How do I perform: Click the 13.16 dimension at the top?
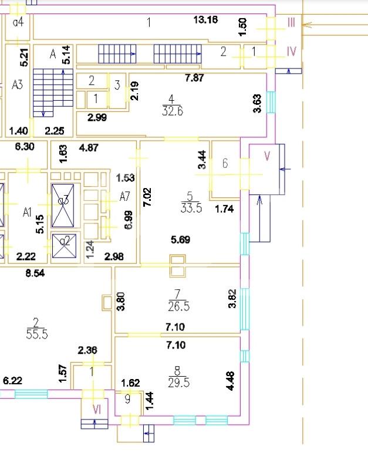coord(205,20)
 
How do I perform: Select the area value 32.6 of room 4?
coord(173,112)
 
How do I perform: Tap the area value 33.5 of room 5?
coord(192,207)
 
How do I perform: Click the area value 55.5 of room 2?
coord(36,334)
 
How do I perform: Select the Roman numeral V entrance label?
coord(267,156)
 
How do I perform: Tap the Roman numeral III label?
coord(291,23)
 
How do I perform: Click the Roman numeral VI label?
coord(97,409)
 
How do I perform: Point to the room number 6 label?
coord(225,164)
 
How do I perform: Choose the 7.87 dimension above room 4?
coord(194,78)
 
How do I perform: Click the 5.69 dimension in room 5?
coord(180,239)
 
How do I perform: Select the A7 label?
coord(124,196)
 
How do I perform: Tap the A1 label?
coord(26,211)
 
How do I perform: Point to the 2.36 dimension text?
coord(87,350)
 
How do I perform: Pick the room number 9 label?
coord(127,400)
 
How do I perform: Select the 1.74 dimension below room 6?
coord(226,208)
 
